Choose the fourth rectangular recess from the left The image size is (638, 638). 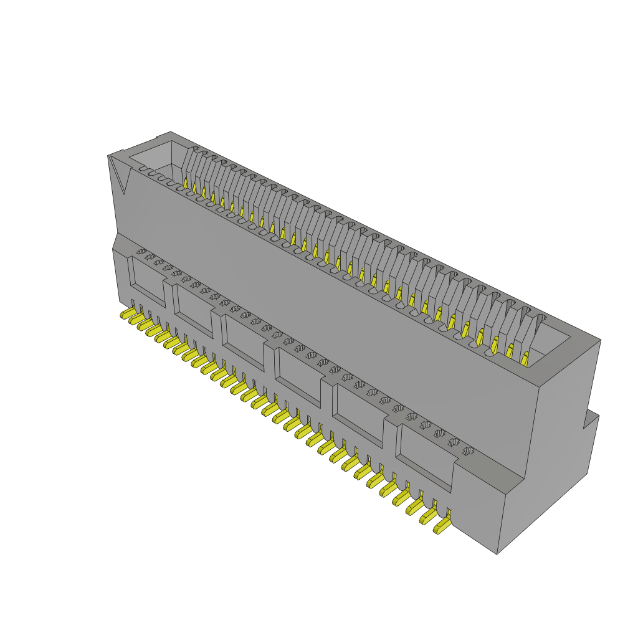(300, 374)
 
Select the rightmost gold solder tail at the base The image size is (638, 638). (442, 526)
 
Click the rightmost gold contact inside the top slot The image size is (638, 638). (525, 358)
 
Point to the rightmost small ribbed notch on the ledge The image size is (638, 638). (468, 450)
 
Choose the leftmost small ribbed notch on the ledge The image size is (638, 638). (141, 251)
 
